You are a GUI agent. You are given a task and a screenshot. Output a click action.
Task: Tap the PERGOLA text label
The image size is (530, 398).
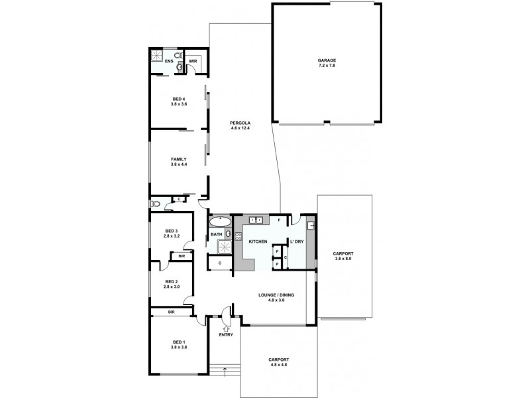click(239, 123)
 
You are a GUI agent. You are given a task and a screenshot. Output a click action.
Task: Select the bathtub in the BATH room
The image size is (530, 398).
click(220, 221)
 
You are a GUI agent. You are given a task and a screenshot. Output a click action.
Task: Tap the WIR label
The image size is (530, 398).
click(193, 61)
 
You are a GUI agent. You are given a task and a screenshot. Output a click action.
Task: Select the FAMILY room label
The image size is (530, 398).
click(178, 159)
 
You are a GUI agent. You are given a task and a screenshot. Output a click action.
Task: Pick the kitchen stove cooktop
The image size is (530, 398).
click(238, 235)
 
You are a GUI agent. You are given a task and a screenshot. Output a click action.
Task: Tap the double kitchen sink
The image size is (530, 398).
click(256, 220)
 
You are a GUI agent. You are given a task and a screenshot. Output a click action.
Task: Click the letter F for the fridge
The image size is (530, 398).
click(280, 220)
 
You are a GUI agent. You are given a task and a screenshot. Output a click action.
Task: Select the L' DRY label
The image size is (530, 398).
click(296, 241)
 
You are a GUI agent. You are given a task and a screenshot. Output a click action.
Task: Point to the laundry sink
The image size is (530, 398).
click(310, 226)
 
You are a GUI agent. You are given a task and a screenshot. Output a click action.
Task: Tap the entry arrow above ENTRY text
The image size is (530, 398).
click(226, 328)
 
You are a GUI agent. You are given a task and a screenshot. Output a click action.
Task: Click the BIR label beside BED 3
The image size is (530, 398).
click(181, 256)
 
